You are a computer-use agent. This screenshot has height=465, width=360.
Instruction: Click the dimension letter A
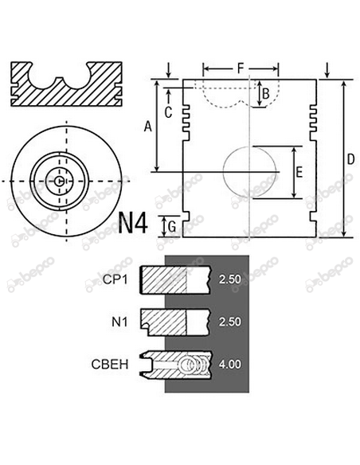(146, 126)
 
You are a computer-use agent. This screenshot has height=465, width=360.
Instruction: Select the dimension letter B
(266, 94)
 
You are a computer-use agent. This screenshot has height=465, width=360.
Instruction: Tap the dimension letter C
(167, 112)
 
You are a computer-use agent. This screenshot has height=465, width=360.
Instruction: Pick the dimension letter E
(299, 171)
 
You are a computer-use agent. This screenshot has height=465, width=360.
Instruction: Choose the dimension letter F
(241, 68)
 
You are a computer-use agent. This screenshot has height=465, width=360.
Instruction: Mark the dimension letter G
(171, 226)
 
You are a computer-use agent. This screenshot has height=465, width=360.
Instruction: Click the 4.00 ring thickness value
(229, 365)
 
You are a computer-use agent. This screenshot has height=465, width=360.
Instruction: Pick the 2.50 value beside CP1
(229, 279)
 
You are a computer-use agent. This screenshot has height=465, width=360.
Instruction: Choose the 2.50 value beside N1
(229, 322)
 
